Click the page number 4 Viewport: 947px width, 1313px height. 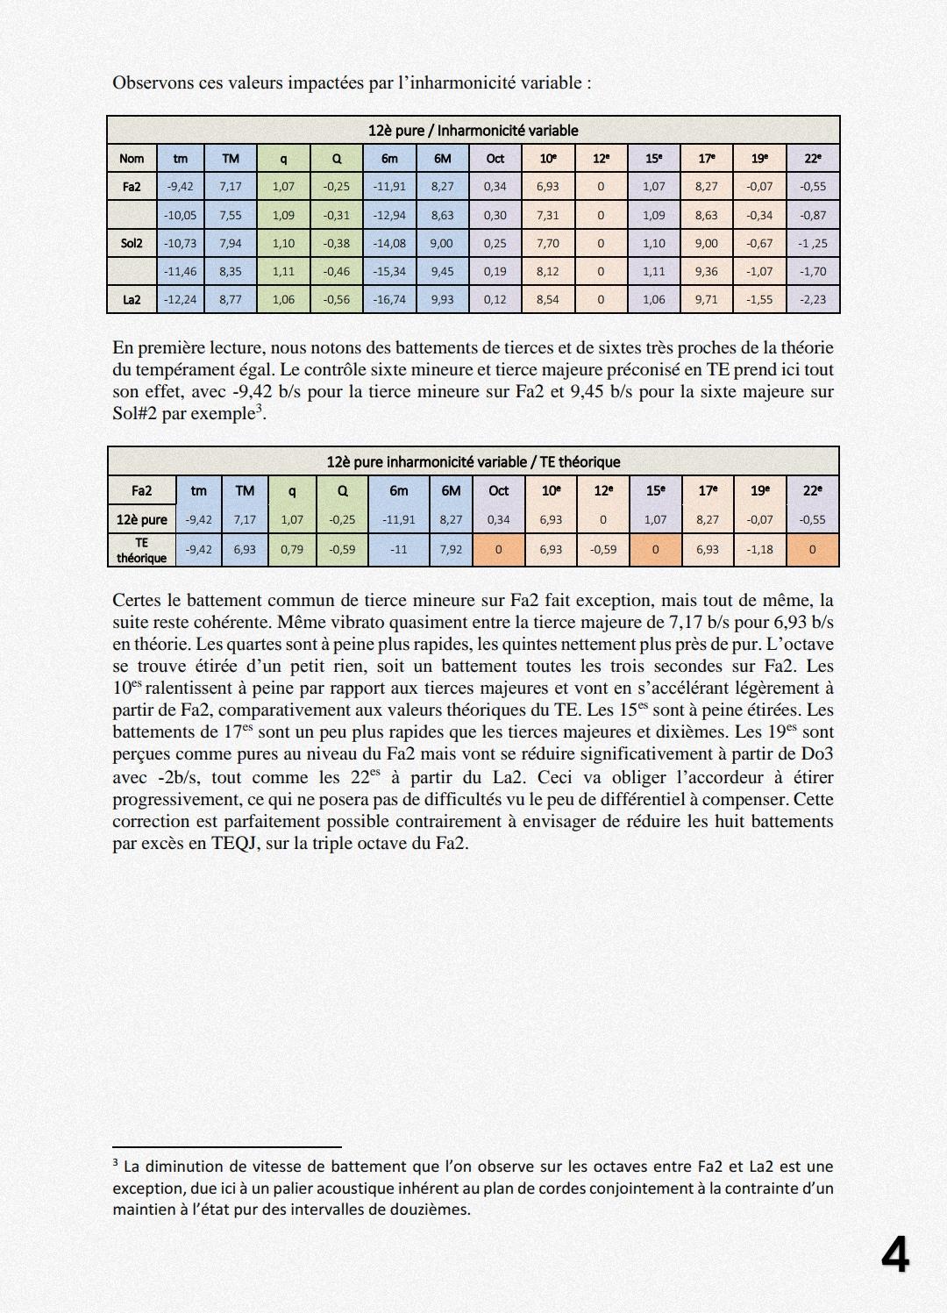tap(895, 1255)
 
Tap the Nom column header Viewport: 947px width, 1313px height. tap(132, 158)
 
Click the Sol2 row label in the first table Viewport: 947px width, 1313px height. tap(132, 243)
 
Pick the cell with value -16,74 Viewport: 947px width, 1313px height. tap(389, 299)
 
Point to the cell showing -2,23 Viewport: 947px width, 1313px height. tap(813, 299)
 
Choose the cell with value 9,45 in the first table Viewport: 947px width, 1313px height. tap(442, 271)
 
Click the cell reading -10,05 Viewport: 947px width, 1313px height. tap(181, 215)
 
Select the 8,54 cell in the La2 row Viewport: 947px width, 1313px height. tap(547, 299)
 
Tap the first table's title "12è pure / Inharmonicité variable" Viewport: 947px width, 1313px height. tap(473, 130)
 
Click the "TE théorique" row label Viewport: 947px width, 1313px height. tap(141, 550)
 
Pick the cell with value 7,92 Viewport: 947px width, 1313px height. tap(451, 550)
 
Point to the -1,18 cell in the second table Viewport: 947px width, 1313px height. tap(759, 550)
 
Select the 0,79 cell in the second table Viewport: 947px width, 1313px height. tap(292, 550)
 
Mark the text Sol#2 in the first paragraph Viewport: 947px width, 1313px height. tap(134, 414)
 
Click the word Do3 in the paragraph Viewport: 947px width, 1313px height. tap(817, 754)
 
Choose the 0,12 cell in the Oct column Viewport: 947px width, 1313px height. tap(495, 299)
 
